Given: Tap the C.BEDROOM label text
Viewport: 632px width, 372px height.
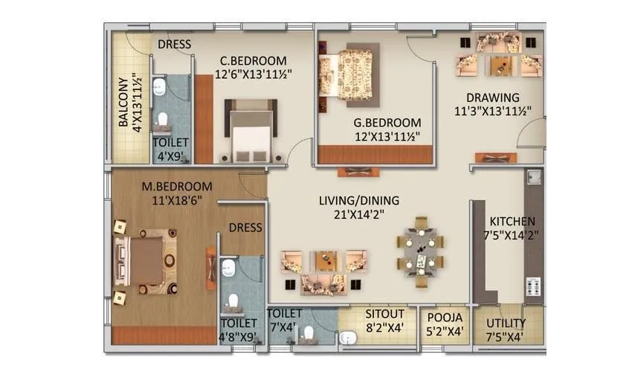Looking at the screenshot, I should click(x=252, y=60).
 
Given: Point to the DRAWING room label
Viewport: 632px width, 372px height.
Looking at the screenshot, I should click(x=492, y=98).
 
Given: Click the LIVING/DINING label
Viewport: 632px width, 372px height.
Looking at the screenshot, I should click(x=359, y=200).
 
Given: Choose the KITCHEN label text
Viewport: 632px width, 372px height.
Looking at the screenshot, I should click(x=512, y=222).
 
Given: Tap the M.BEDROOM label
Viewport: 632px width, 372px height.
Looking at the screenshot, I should click(x=176, y=186).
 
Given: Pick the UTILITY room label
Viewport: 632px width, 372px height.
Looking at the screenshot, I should click(x=506, y=323).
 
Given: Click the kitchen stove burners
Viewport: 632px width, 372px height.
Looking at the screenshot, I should click(x=533, y=288).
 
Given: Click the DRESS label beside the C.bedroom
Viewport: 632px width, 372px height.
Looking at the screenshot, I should click(x=174, y=45).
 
